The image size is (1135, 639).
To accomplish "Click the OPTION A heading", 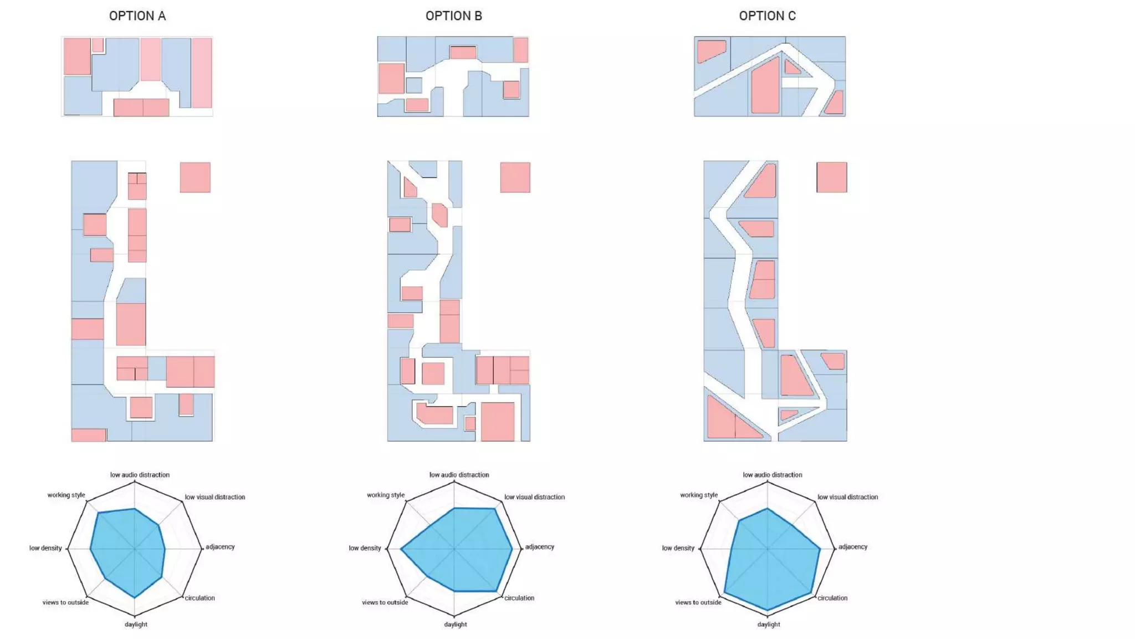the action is [137, 16].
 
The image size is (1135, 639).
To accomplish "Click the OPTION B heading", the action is [453, 16].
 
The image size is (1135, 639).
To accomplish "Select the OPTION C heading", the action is [767, 16].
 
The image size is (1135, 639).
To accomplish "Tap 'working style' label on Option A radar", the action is [66, 495].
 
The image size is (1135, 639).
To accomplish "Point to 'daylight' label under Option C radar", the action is [768, 624].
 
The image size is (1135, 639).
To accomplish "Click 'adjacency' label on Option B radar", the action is [539, 547].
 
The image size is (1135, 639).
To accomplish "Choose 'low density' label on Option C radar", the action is [678, 548].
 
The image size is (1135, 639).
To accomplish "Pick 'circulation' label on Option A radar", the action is [200, 598].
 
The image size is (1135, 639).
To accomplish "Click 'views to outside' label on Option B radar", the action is [385, 602].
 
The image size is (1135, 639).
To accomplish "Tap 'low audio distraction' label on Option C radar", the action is [772, 475].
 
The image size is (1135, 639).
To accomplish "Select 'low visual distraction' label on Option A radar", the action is [214, 497].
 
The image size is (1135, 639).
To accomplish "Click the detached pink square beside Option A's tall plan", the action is [195, 177].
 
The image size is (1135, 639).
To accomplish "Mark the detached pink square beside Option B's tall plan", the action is [515, 177].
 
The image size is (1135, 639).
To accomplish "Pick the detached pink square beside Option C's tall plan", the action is [831, 177].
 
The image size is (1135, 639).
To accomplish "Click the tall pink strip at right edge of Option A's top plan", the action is [202, 73].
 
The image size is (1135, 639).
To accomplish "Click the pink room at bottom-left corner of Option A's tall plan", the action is [89, 435].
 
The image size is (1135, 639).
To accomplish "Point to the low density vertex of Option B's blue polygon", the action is [401, 549].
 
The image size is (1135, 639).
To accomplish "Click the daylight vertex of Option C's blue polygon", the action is [768, 610].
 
